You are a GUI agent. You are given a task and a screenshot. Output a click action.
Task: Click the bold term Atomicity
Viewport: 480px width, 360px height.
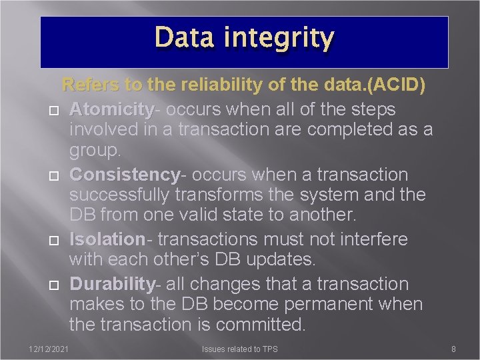coord(111,109)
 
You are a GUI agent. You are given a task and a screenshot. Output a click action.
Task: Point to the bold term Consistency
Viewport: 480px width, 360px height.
coord(125,175)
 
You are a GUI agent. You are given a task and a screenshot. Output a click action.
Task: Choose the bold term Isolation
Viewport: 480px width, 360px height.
coord(107,239)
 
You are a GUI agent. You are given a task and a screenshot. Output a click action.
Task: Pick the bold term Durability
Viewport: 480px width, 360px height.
coord(112,283)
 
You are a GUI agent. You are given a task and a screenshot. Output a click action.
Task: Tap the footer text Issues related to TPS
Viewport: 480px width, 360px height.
coord(240,349)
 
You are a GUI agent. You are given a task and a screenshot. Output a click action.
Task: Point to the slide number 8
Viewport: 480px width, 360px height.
coord(453,349)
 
